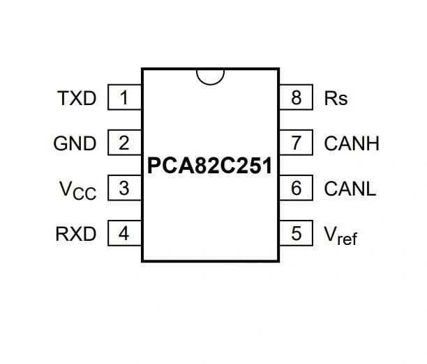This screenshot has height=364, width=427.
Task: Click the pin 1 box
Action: click(x=124, y=98)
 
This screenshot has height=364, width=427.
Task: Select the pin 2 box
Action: click(x=124, y=143)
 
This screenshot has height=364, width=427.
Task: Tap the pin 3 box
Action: click(x=124, y=188)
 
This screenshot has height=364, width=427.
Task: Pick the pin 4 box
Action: click(x=124, y=233)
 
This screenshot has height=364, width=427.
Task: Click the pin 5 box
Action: click(x=297, y=233)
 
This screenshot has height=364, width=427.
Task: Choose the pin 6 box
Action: click(x=297, y=188)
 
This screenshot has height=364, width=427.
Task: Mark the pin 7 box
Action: click(x=297, y=143)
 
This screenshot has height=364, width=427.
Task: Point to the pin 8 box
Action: click(x=297, y=98)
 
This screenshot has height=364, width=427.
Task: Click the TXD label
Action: click(x=77, y=99)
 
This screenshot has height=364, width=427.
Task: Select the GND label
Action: click(x=75, y=144)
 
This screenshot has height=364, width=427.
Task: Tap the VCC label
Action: click(x=77, y=190)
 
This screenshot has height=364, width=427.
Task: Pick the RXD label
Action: click(x=76, y=234)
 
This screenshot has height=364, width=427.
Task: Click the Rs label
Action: click(x=336, y=99)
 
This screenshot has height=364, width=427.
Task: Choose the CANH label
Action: click(x=352, y=144)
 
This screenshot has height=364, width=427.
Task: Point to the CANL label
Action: click(x=350, y=189)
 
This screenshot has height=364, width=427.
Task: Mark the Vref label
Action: click(x=340, y=235)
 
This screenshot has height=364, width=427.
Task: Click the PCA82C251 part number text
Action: click(x=210, y=167)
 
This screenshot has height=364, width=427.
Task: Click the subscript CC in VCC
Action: click(x=84, y=193)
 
